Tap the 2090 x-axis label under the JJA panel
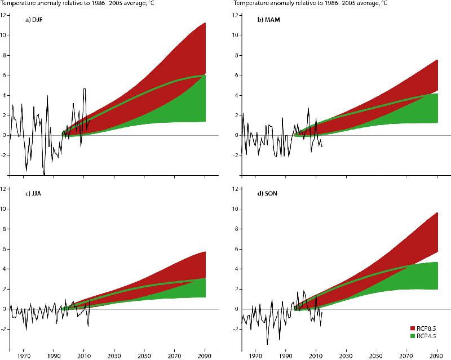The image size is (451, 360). tap(205, 356)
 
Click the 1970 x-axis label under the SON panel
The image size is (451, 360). tap(255, 356)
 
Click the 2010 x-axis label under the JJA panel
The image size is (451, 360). tap(84, 356)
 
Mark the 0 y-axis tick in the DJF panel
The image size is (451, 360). tap(4, 135)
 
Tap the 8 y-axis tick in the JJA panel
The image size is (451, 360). tap(5, 229)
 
